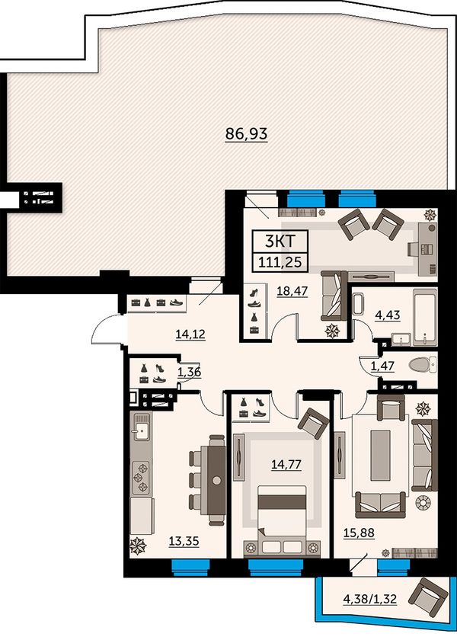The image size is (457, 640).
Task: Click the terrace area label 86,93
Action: click(247, 133)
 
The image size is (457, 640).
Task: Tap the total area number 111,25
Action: click(280, 261)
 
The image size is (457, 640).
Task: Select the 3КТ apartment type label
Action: click(280, 242)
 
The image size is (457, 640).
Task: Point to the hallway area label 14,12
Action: click(190, 334)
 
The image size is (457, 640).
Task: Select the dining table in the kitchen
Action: click(216, 480)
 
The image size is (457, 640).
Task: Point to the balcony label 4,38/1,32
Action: click(370, 599)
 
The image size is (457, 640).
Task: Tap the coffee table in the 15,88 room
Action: click(380, 455)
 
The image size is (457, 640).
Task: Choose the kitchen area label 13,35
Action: click(184, 541)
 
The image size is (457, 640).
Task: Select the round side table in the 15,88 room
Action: click(423, 502)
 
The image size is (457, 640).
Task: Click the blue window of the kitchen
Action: click(190, 568)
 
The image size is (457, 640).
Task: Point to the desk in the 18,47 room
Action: click(427, 248)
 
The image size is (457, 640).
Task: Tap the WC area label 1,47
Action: click(382, 366)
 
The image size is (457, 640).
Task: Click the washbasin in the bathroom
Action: click(401, 339)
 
